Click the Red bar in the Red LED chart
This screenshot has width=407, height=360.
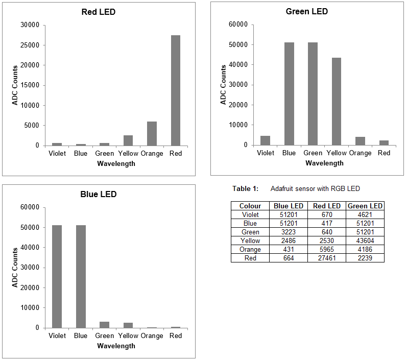(x=176, y=90)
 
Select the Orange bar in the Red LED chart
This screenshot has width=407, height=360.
(x=152, y=134)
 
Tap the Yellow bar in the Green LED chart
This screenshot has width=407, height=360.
(x=337, y=102)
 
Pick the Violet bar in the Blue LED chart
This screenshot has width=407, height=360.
(x=57, y=276)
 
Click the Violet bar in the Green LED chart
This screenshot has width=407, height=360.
(x=265, y=140)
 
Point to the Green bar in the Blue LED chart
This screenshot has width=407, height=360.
(x=104, y=325)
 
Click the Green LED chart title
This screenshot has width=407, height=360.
(x=306, y=12)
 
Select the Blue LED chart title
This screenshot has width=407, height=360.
(x=99, y=195)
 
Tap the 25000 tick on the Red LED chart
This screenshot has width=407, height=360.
(x=30, y=45)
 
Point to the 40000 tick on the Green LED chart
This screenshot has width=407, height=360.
(x=238, y=65)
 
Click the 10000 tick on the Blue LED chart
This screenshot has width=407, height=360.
(x=30, y=308)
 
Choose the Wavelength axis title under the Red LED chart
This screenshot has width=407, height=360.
(x=116, y=164)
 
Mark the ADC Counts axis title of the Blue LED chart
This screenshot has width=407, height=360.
(x=15, y=268)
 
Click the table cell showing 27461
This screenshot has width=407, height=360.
(x=327, y=258)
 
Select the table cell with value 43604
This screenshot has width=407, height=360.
(x=365, y=241)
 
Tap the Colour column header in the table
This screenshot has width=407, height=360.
(x=250, y=206)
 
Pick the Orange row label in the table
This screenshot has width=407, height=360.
(x=250, y=249)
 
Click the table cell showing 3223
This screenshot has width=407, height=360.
(x=289, y=232)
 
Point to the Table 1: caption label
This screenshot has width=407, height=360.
(x=246, y=189)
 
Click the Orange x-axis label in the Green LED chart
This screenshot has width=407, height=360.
(x=360, y=153)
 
